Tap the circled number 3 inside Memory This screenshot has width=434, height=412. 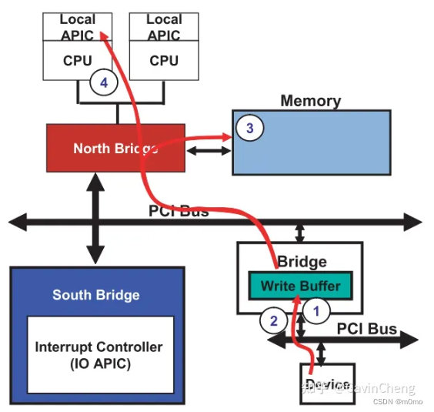pyautogui.click(x=248, y=128)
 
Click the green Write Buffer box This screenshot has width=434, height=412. pyautogui.click(x=300, y=286)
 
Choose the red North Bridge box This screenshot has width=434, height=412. pyautogui.click(x=115, y=149)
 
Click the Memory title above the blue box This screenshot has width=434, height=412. pyautogui.click(x=310, y=101)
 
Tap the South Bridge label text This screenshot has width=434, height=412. pyautogui.click(x=96, y=295)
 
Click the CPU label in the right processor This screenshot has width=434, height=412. pyautogui.click(x=164, y=61)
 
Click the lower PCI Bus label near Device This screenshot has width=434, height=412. pyautogui.click(x=366, y=329)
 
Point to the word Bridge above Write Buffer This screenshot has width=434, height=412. pyautogui.click(x=302, y=262)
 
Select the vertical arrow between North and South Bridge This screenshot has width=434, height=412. pyautogui.click(x=95, y=219)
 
